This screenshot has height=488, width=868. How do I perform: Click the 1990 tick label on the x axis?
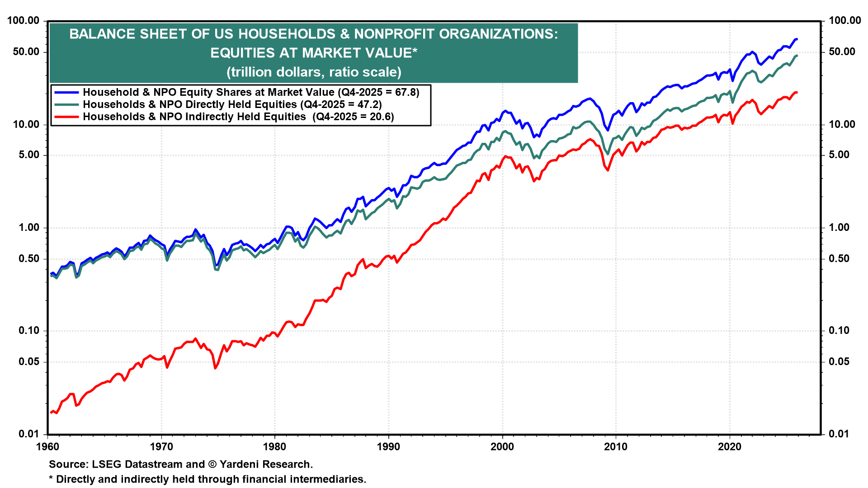point(388,447)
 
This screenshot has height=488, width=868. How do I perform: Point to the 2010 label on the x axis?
point(616,447)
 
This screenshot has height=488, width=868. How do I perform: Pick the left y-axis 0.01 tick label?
point(28,434)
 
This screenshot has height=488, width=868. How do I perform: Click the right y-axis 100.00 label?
point(844,20)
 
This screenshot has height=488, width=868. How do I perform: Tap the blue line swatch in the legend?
point(66,92)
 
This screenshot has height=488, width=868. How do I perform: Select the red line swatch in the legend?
point(66,117)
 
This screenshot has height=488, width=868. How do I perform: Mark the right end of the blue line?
point(797,39)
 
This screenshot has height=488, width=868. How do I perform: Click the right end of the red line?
point(797,93)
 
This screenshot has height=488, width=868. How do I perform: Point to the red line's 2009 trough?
point(608,170)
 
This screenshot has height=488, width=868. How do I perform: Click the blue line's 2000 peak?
point(504,110)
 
